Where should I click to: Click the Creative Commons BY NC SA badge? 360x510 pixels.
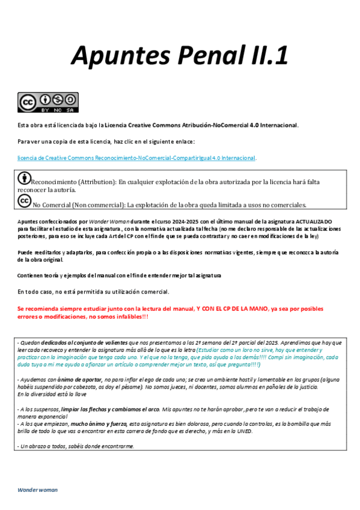pos(48,103)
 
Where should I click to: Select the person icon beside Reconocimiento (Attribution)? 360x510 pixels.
pos(25,179)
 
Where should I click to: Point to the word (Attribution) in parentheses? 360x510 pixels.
pos(96,181)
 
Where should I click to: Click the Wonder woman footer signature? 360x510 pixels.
pos(37,490)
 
